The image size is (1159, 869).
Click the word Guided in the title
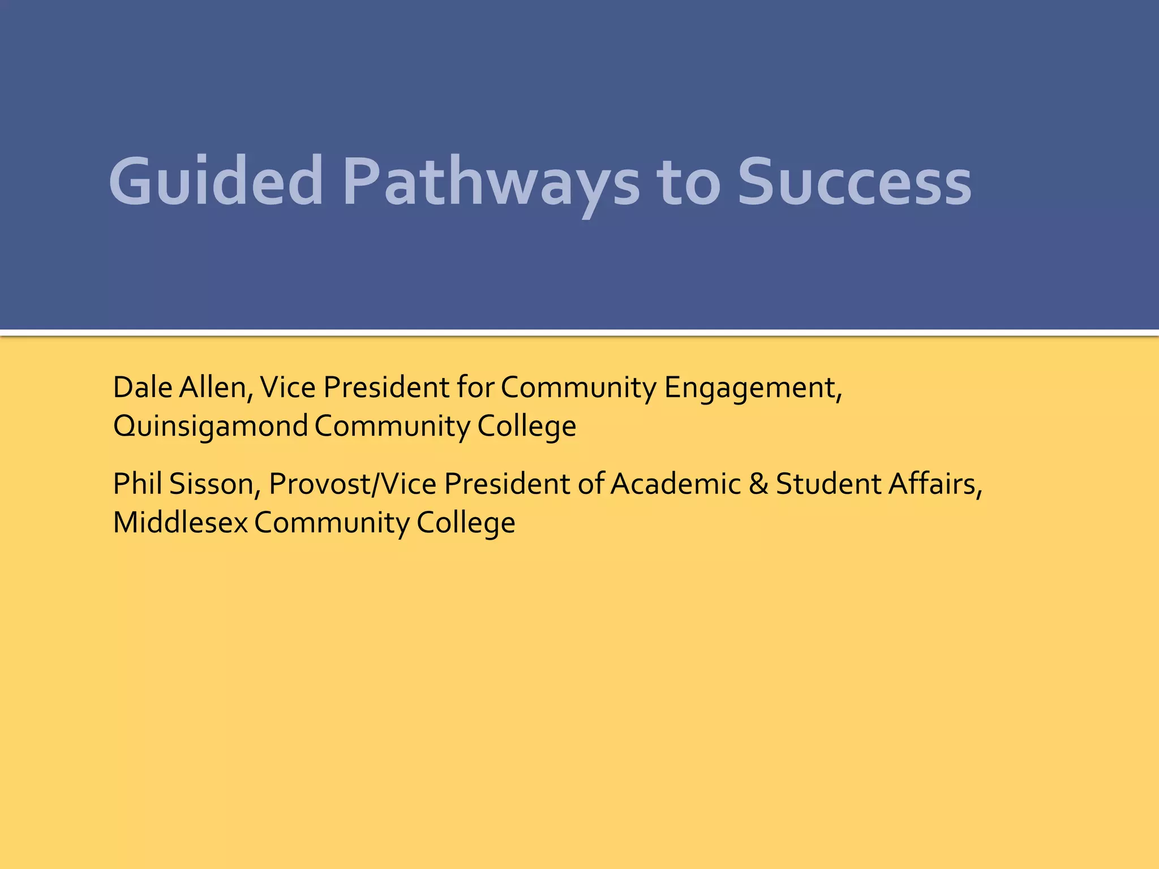[216, 182]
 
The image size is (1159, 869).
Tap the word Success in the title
[855, 182]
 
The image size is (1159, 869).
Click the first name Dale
[143, 388]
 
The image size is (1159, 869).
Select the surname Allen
[216, 388]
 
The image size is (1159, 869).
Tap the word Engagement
[753, 389]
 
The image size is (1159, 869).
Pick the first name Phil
[138, 484]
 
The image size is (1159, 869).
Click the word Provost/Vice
[353, 484]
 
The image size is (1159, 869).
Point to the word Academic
[676, 484]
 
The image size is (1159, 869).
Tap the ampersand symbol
[758, 484]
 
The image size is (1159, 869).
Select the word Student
[828, 484]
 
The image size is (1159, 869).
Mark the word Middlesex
[181, 522]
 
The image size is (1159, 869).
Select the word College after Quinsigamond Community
[526, 426]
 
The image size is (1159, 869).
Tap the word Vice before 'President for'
[287, 388]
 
